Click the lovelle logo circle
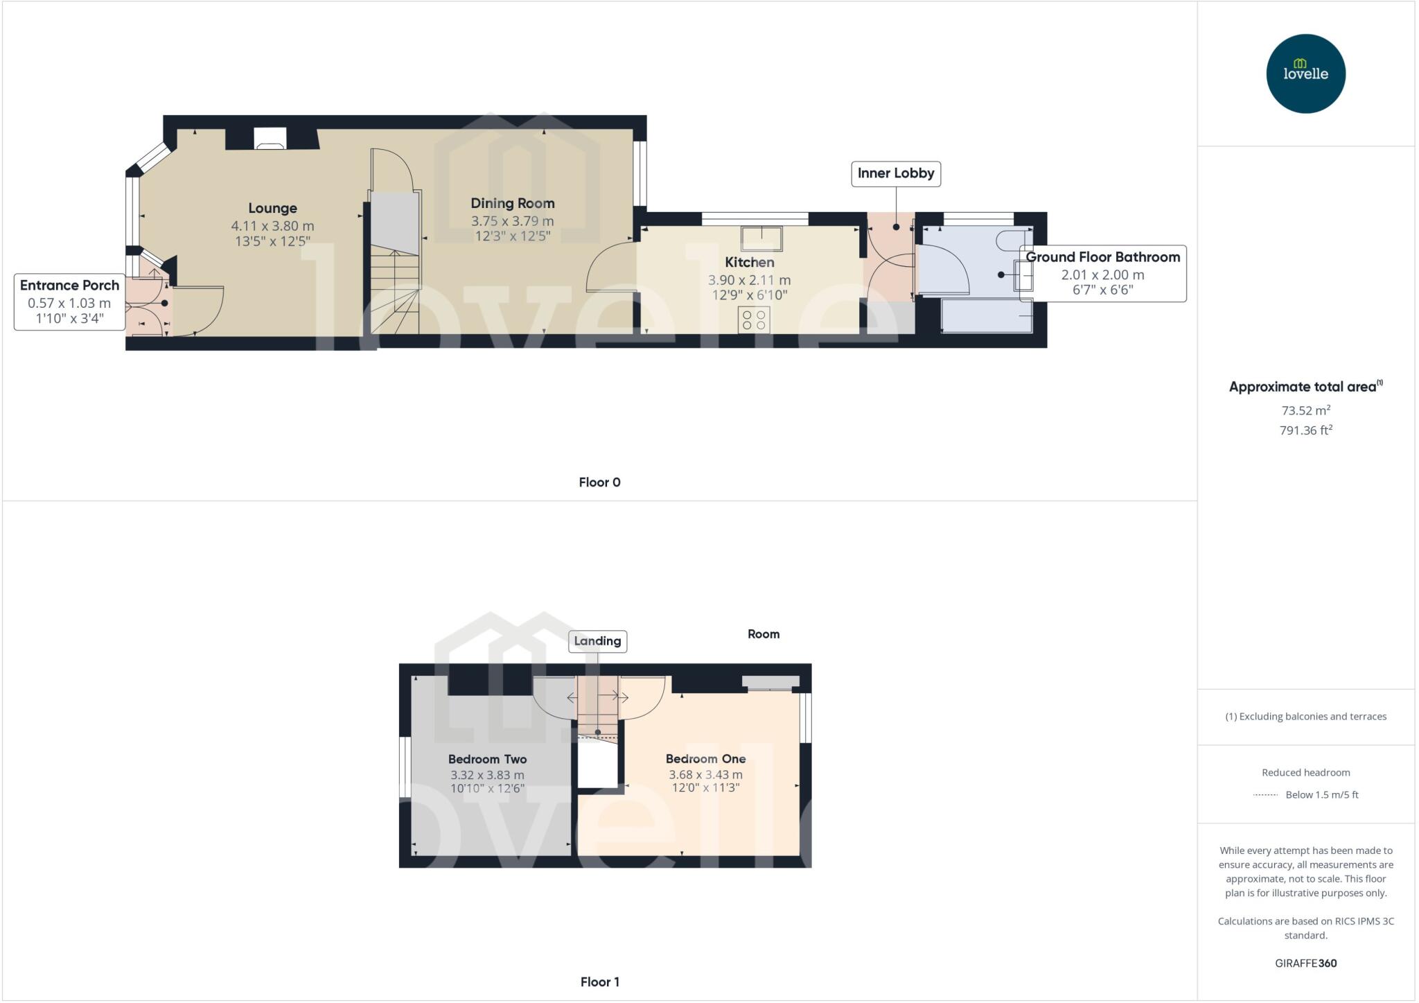coord(1305,73)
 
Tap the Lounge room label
coord(272,208)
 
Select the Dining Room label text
coord(512,203)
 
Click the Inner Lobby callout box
coord(895,173)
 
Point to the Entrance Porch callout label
coord(69,285)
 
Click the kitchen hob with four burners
coord(754,320)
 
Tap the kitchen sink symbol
coord(761,238)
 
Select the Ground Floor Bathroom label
coord(1102,257)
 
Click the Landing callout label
coord(597,641)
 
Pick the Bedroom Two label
coord(487,759)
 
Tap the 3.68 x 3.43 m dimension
coord(705,774)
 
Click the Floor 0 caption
coord(599,482)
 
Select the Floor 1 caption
coord(599,982)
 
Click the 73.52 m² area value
coord(1305,410)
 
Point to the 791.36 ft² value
coord(1305,430)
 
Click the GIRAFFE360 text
coord(1305,963)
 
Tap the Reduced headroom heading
coord(1305,772)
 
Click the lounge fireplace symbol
coord(270,139)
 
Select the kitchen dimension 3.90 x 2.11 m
coord(749,280)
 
